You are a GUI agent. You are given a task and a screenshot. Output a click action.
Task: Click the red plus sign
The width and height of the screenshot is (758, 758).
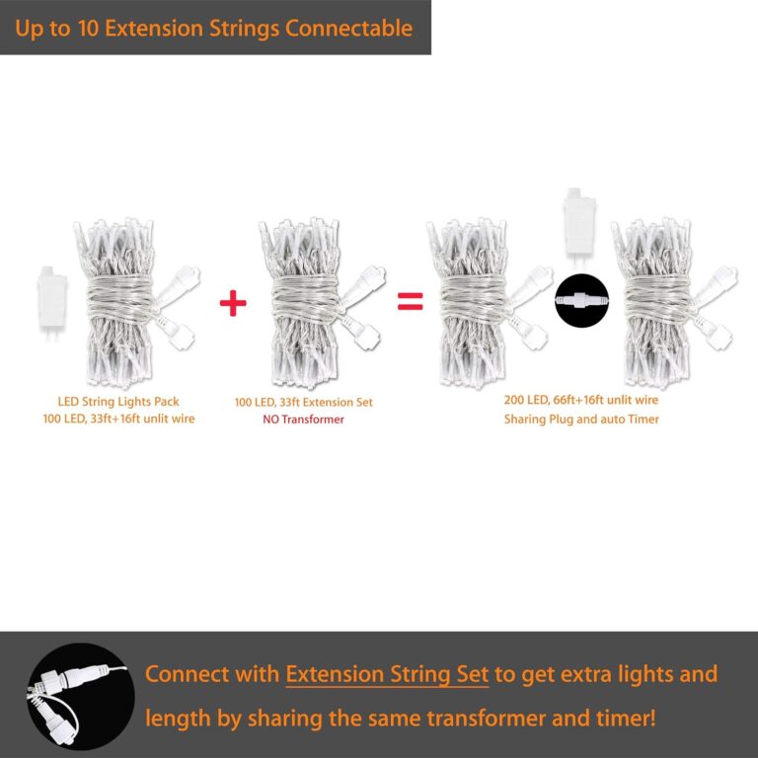(232, 303)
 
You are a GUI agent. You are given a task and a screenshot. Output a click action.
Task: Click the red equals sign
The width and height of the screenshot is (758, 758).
(410, 302)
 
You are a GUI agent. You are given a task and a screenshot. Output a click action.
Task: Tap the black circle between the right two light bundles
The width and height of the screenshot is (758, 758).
(582, 300)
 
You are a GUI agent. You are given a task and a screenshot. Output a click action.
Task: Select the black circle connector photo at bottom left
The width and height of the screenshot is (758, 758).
(81, 695)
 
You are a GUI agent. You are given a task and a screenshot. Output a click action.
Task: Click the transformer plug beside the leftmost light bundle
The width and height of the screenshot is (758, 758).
(48, 300)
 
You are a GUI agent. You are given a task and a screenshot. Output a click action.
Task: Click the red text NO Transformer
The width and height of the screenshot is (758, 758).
(303, 419)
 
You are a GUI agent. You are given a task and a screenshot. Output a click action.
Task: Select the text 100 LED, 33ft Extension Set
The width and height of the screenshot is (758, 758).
(303, 403)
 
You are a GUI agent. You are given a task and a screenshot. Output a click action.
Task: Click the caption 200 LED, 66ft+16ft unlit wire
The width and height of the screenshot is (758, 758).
(581, 400)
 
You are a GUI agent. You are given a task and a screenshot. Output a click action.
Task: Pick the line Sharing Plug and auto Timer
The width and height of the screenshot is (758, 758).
(581, 418)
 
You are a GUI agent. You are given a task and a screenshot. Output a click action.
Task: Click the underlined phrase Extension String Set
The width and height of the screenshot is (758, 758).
(387, 675)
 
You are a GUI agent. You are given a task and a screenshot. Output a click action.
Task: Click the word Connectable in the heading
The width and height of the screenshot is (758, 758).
(348, 28)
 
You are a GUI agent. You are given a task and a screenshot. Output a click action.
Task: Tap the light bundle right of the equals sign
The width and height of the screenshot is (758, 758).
(474, 300)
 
